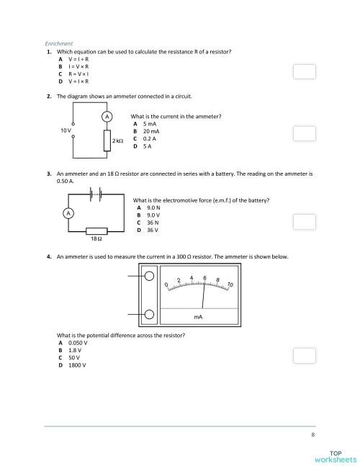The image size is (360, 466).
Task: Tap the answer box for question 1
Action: pos(305,71)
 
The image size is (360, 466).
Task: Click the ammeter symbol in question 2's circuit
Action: pos(106,116)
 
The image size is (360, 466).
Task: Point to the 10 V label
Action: pos(66,130)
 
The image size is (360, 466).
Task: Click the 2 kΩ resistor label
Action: pos(118,141)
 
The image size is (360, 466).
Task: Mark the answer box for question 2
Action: pos(305,133)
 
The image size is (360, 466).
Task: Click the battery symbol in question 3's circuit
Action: pos(94,193)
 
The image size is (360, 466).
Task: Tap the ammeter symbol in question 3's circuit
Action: pos(68,213)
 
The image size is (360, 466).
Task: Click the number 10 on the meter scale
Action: pos(230,284)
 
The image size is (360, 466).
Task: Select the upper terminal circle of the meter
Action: pos(149,276)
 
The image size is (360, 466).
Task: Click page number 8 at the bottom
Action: pos(313,435)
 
